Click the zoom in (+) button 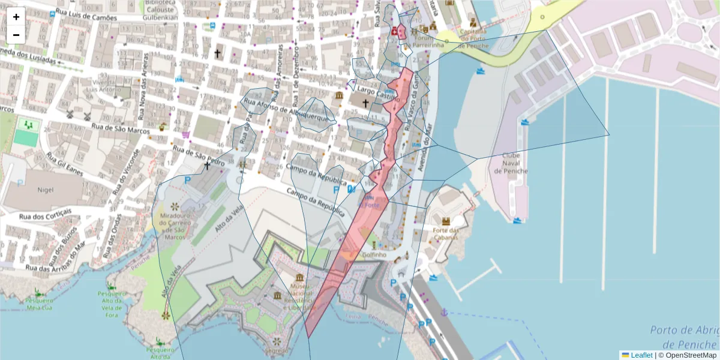pyautogui.click(x=16, y=17)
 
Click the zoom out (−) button pyautogui.click(x=16, y=34)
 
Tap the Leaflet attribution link pyautogui.click(x=641, y=355)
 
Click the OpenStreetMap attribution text pyautogui.click(x=691, y=355)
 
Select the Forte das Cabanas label pyautogui.click(x=445, y=233)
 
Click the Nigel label pyautogui.click(x=46, y=190)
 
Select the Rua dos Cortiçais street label pyautogui.click(x=45, y=214)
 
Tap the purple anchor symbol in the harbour pyautogui.click(x=445, y=313)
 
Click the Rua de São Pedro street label pyautogui.click(x=199, y=156)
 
